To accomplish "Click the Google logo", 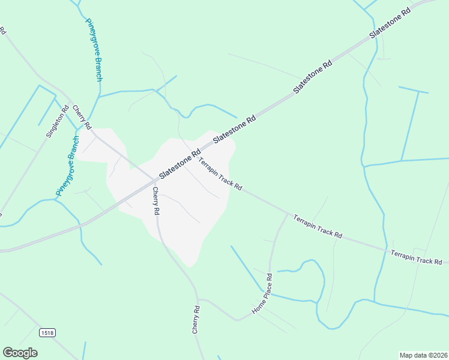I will click(20, 353).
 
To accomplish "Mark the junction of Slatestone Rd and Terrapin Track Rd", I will click(198, 154).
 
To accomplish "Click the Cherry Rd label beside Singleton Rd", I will click(82, 118).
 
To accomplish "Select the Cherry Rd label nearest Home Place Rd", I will click(196, 319).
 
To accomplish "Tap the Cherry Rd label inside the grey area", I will click(155, 201).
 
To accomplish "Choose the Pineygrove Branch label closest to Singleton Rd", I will click(68, 166).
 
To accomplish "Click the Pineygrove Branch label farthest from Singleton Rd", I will click(95, 51).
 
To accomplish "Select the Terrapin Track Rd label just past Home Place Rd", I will click(318, 226).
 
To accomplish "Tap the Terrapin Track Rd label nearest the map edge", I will click(416, 257).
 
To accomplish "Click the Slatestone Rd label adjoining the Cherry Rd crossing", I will click(179, 164).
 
